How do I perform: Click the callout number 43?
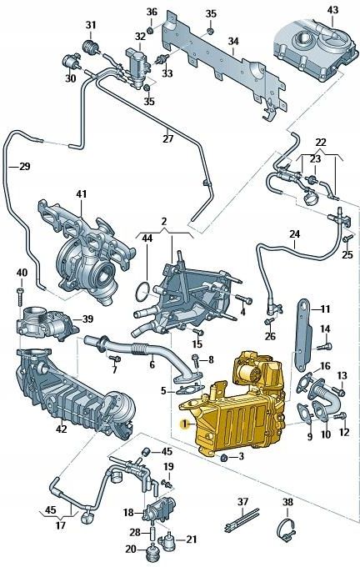(332, 10)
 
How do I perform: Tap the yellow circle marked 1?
(185, 424)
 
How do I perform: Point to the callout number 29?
(24, 167)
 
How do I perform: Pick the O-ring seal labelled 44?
(143, 293)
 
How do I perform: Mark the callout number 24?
(293, 234)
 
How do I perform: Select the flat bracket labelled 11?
(303, 334)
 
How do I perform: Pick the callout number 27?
(167, 138)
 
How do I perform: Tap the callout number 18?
(128, 513)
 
